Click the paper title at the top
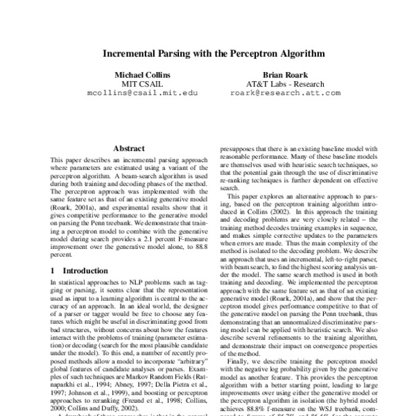pyautogui.click(x=207, y=52)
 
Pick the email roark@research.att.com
pyautogui.click(x=285, y=92)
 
